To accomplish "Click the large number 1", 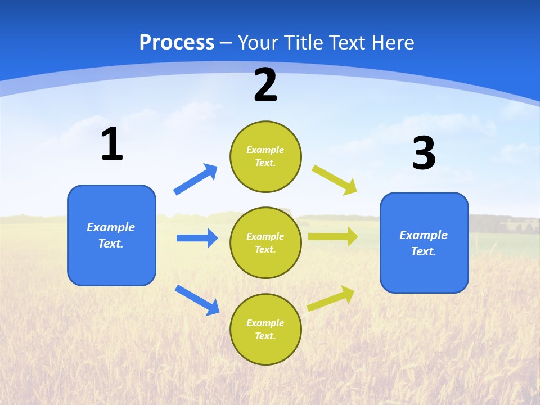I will tap(112, 145).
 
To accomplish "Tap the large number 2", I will tap(265, 85).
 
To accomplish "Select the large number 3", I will tap(424, 154).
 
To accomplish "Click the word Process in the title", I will tap(177, 42).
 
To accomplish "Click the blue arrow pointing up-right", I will tap(196, 179).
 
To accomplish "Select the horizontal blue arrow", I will tap(197, 238).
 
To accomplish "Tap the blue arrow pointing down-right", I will tap(197, 300).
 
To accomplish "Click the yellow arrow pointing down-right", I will tap(335, 180).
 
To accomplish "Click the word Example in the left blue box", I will tap(111, 227).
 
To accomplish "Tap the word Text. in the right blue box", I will tap(424, 251).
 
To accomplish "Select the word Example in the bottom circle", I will tap(265, 323).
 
